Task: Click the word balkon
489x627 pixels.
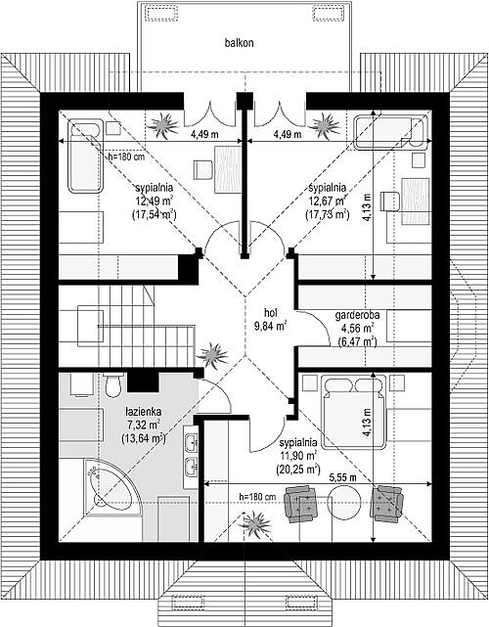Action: tap(239, 43)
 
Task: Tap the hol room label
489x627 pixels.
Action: tap(271, 312)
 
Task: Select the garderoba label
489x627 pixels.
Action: tap(357, 315)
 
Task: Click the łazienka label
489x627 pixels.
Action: tap(143, 411)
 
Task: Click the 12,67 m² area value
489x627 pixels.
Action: tap(327, 201)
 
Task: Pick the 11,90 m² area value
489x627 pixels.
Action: tap(298, 456)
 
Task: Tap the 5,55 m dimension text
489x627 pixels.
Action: tap(342, 477)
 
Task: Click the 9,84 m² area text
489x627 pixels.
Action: tap(271, 326)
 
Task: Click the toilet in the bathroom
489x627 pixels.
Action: tap(113, 385)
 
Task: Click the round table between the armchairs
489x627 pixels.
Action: tap(344, 503)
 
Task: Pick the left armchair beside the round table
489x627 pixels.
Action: tap(300, 503)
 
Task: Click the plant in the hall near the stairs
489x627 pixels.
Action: tap(212, 355)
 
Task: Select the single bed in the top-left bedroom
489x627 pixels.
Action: tap(85, 156)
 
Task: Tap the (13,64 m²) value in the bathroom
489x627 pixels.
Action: tap(143, 438)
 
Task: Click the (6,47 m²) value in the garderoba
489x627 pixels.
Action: tap(357, 342)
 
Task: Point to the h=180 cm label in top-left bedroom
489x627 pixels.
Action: tap(126, 157)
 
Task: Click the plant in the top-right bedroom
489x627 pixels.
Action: tap(327, 125)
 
